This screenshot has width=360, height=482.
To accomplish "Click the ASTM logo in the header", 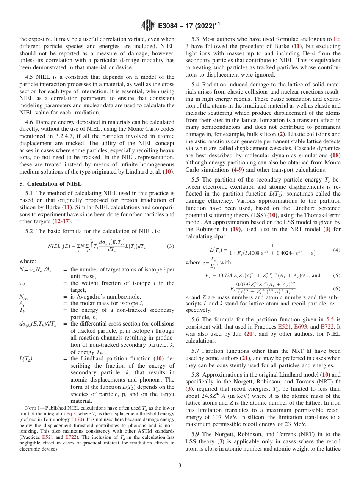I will (x=148, y=26).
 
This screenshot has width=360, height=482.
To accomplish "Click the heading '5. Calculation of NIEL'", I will (x=50, y=184).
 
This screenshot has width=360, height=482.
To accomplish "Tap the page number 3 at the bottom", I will (x=180, y=465).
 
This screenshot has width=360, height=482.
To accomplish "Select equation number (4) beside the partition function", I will (x=336, y=250).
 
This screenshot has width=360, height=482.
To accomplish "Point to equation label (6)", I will (x=336, y=288).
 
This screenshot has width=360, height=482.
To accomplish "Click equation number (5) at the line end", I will (x=336, y=275).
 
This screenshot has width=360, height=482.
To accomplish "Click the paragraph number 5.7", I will (x=197, y=351).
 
